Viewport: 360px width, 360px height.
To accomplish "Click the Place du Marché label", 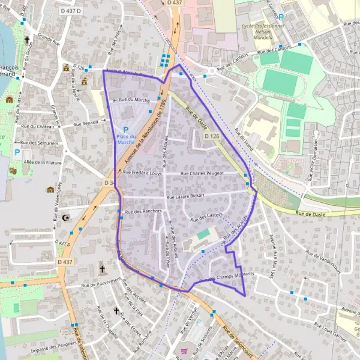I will (x=125, y=139).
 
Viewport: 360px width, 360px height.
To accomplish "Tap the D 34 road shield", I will (x=109, y=182).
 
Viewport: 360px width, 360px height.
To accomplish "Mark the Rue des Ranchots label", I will (x=141, y=211).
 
